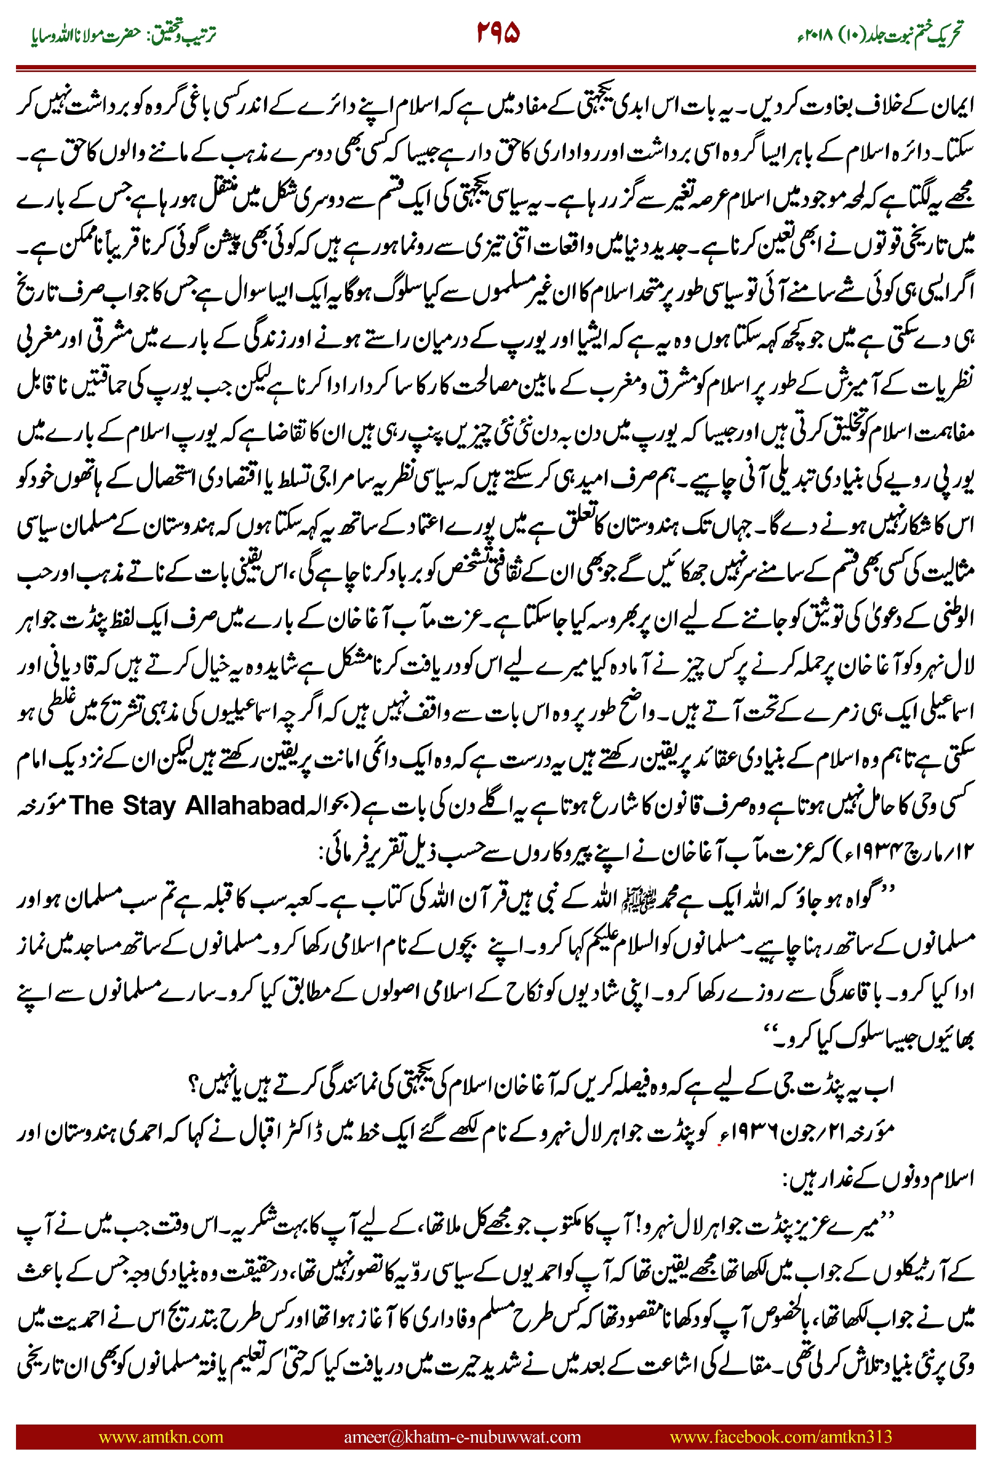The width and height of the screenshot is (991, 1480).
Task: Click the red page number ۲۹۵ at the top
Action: click(x=498, y=33)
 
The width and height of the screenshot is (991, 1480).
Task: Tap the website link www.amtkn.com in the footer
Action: click(x=161, y=1436)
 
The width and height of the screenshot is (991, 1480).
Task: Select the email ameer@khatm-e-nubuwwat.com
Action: click(x=462, y=1436)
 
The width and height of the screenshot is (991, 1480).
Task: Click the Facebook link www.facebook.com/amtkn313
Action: click(x=780, y=1436)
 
